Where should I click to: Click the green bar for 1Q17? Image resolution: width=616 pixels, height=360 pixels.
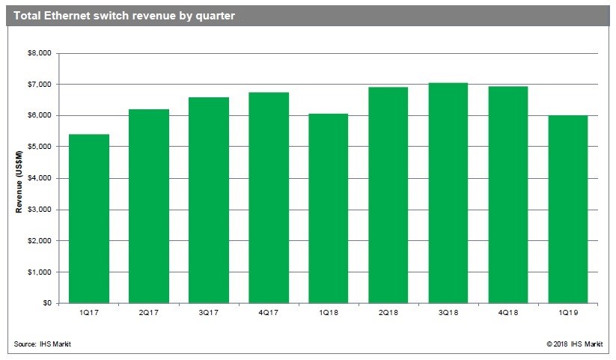[89, 219]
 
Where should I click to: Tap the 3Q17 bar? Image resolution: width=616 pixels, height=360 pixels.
[209, 200]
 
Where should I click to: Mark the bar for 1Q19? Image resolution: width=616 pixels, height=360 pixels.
[567, 209]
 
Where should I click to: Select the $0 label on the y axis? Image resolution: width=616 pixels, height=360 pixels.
[46, 303]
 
